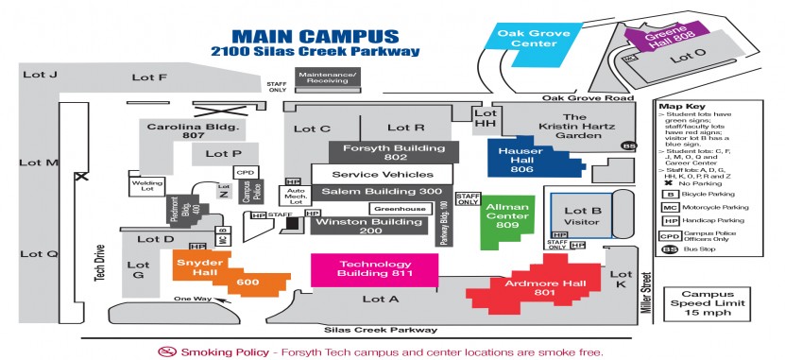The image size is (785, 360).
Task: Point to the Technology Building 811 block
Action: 375,269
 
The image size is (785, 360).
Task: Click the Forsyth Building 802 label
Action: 394,153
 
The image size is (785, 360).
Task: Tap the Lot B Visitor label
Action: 582,216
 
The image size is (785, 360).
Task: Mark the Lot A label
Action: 381,299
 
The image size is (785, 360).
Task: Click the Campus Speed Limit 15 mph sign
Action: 697,303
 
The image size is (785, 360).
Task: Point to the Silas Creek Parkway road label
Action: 381,330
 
